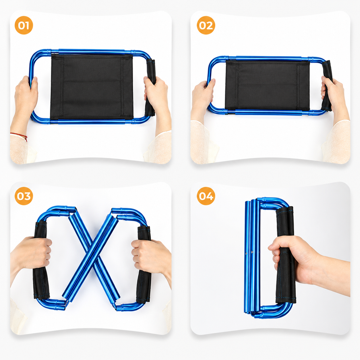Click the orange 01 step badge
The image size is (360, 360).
24,25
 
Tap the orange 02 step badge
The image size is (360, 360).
206,25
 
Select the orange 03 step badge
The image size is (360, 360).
24,196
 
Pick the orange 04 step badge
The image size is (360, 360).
206,196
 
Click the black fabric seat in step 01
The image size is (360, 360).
92,87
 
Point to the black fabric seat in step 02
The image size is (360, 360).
267,85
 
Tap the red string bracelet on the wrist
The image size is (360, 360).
20,135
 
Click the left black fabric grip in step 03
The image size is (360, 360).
41,261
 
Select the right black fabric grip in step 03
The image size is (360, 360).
144,264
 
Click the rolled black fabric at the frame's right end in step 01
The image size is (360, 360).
150,87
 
